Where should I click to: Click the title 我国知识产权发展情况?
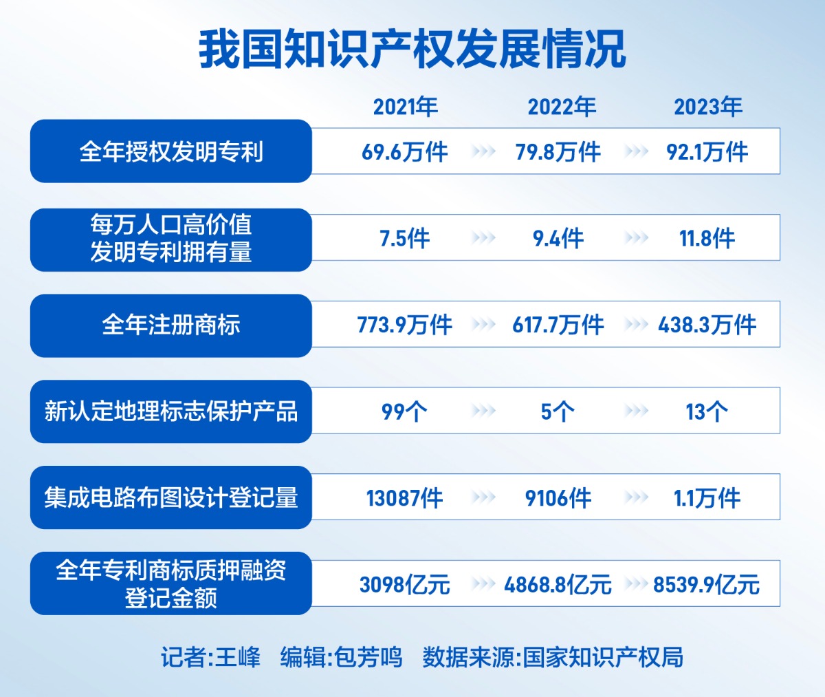click(412, 50)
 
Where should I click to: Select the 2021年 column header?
click(405, 107)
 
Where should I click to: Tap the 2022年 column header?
click(562, 107)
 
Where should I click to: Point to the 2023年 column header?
click(707, 107)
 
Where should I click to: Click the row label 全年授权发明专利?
click(171, 151)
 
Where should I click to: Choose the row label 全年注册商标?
click(171, 325)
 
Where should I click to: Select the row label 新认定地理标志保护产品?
click(171, 411)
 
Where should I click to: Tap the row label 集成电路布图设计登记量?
click(171, 497)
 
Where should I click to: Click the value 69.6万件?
click(405, 152)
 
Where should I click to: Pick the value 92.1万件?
click(707, 152)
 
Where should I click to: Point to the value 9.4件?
click(558, 239)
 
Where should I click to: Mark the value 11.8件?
click(707, 239)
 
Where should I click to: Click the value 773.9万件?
click(405, 325)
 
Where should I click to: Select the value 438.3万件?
click(707, 325)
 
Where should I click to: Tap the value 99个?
click(405, 411)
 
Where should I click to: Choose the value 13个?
click(707, 411)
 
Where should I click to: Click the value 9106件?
click(558, 498)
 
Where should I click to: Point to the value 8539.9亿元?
click(707, 585)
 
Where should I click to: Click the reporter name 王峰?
click(238, 657)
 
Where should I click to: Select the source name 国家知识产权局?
click(603, 657)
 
